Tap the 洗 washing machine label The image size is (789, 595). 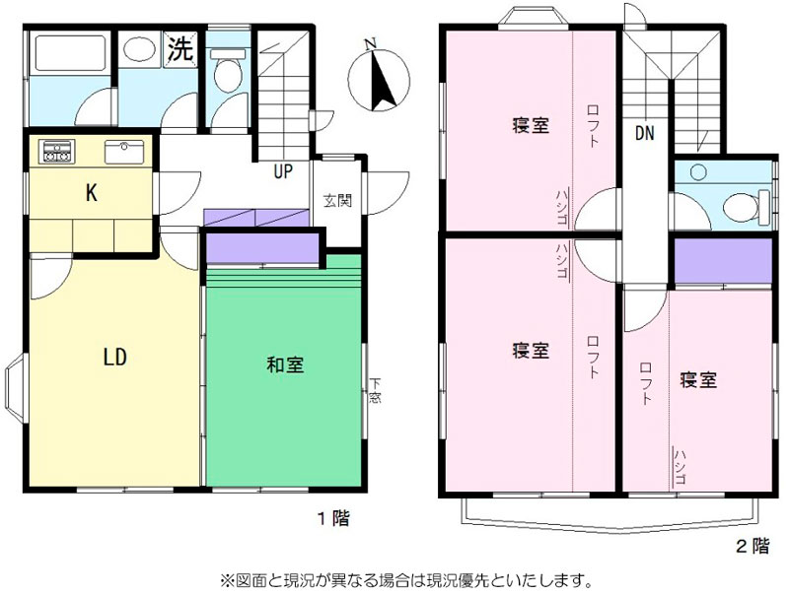(x=179, y=48)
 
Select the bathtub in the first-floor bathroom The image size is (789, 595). (x=70, y=52)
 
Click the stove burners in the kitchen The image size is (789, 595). (x=58, y=151)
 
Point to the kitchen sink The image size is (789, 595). (x=124, y=152)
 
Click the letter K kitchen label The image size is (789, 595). (x=91, y=192)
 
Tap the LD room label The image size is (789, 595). (x=115, y=358)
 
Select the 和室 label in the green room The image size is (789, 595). (x=285, y=364)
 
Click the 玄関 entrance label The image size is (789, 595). (x=337, y=201)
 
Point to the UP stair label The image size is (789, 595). (x=283, y=171)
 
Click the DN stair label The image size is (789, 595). (x=645, y=133)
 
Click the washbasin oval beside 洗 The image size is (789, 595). (x=139, y=49)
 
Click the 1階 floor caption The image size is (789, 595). (x=333, y=517)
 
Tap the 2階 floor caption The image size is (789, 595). (x=753, y=546)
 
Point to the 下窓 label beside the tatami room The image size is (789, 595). (x=375, y=390)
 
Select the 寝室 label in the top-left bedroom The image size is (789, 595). (x=531, y=125)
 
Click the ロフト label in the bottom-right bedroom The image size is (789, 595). (x=646, y=383)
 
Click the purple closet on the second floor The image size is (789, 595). (x=723, y=261)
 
